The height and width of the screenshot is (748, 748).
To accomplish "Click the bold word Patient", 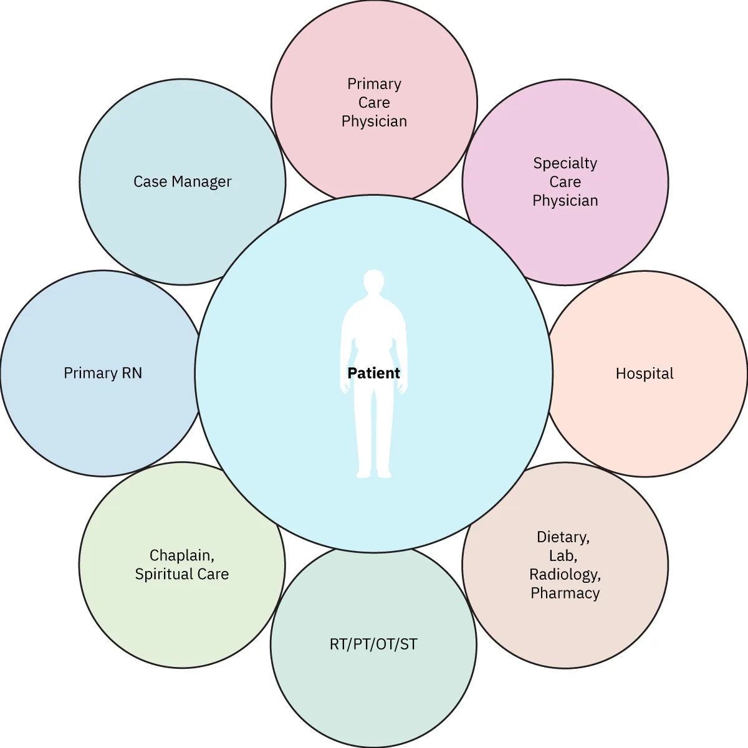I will tap(373, 373).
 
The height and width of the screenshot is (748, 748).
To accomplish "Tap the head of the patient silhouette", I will tap(373, 282).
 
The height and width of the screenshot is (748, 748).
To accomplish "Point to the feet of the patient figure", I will tap(373, 474).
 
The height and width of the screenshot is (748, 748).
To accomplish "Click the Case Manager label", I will tap(182, 181).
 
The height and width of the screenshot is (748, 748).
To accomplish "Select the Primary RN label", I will tap(103, 373).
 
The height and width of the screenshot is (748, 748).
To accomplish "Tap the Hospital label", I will tap(645, 373).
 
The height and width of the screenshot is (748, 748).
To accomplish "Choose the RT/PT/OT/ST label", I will tap(373, 644).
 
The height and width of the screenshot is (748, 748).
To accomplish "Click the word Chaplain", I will tap(181, 555).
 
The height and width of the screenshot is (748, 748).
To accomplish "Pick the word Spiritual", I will tap(164, 574).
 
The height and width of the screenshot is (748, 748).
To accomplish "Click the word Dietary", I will tap(563, 537).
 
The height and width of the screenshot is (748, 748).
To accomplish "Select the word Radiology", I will tap(565, 574).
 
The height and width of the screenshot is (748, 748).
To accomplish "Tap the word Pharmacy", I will tap(565, 593).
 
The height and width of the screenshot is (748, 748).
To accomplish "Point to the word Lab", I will tap(563, 555).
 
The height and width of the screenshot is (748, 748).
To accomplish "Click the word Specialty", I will tap(565, 163).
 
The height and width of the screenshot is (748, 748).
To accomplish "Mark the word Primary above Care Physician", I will tap(374, 84).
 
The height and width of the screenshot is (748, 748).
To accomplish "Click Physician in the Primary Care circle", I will tap(374, 121).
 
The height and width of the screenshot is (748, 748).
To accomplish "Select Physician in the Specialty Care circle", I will tap(565, 200).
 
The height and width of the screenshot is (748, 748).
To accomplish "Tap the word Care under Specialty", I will tap(565, 182).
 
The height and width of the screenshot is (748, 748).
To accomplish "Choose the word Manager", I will tap(201, 181).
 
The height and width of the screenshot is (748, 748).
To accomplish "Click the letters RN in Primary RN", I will tap(132, 373).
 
